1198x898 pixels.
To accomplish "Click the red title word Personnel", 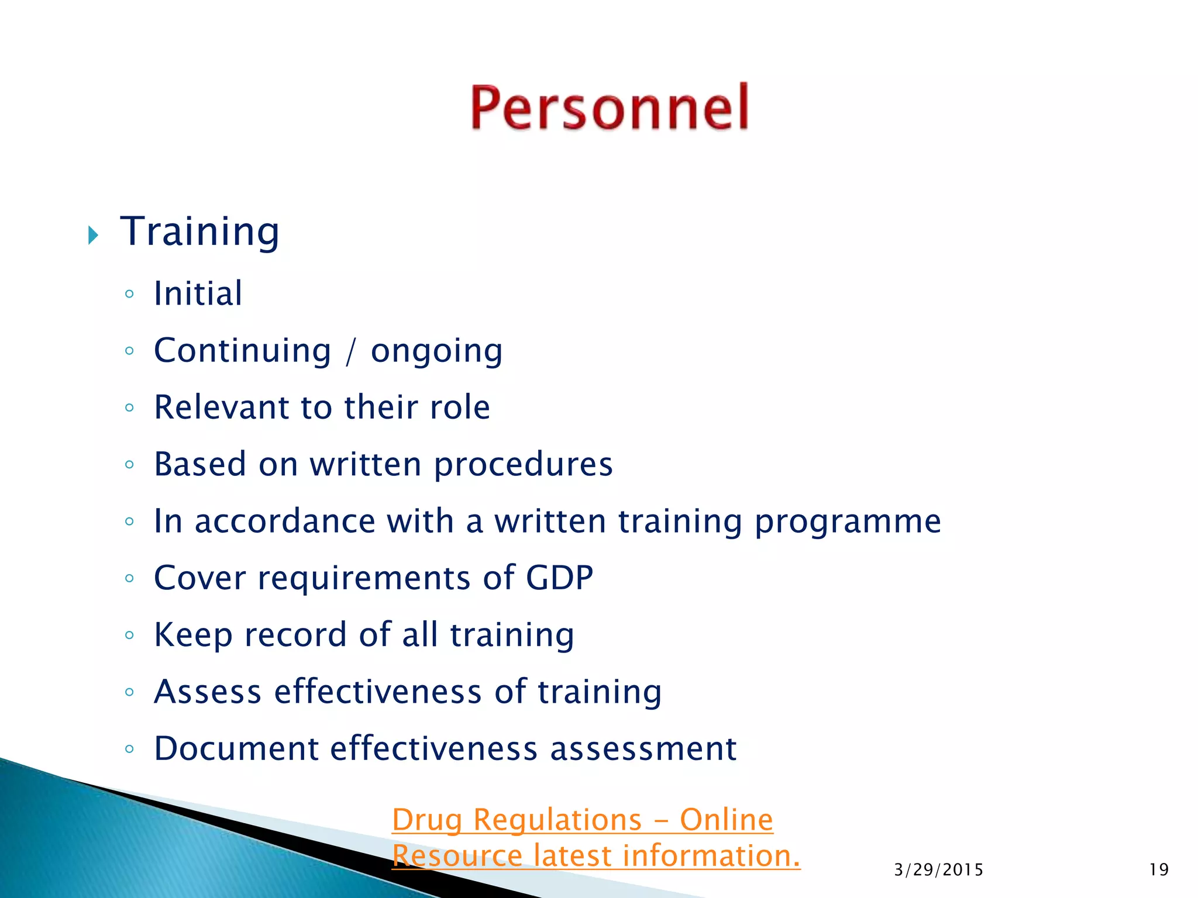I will click(x=610, y=108).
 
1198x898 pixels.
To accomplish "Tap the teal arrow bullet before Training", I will click(x=93, y=235).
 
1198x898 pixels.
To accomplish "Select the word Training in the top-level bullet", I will click(x=200, y=232).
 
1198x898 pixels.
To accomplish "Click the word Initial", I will click(x=198, y=293).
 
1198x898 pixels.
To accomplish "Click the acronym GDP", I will click(x=559, y=578).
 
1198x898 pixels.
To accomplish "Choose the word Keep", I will click(x=193, y=635).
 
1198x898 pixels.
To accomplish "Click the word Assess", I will click(x=207, y=692).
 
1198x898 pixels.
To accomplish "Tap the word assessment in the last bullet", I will click(x=643, y=749).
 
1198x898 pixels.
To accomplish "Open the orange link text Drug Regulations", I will click(x=517, y=820).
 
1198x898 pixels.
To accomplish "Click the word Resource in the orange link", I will click(x=456, y=856).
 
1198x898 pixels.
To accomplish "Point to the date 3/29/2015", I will click(x=938, y=870).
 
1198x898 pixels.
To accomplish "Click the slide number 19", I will click(x=1158, y=870).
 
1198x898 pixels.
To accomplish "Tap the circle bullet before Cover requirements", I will click(x=129, y=579).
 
